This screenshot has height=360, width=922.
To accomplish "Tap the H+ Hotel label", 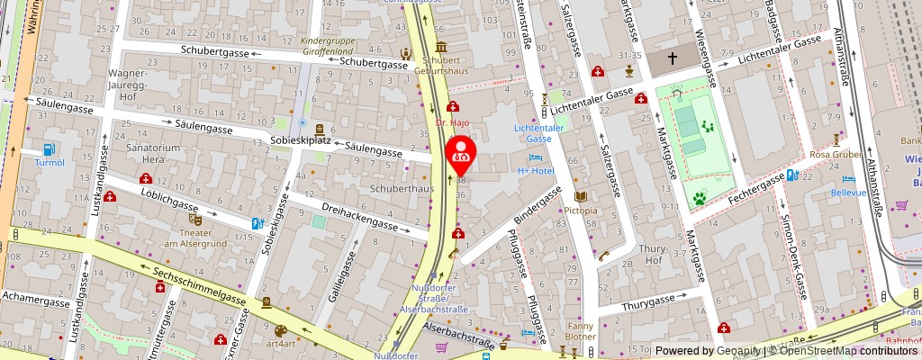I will (535, 170).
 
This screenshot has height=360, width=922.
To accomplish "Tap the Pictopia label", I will (581, 211).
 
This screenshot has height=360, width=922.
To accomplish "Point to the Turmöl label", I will (50, 163).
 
